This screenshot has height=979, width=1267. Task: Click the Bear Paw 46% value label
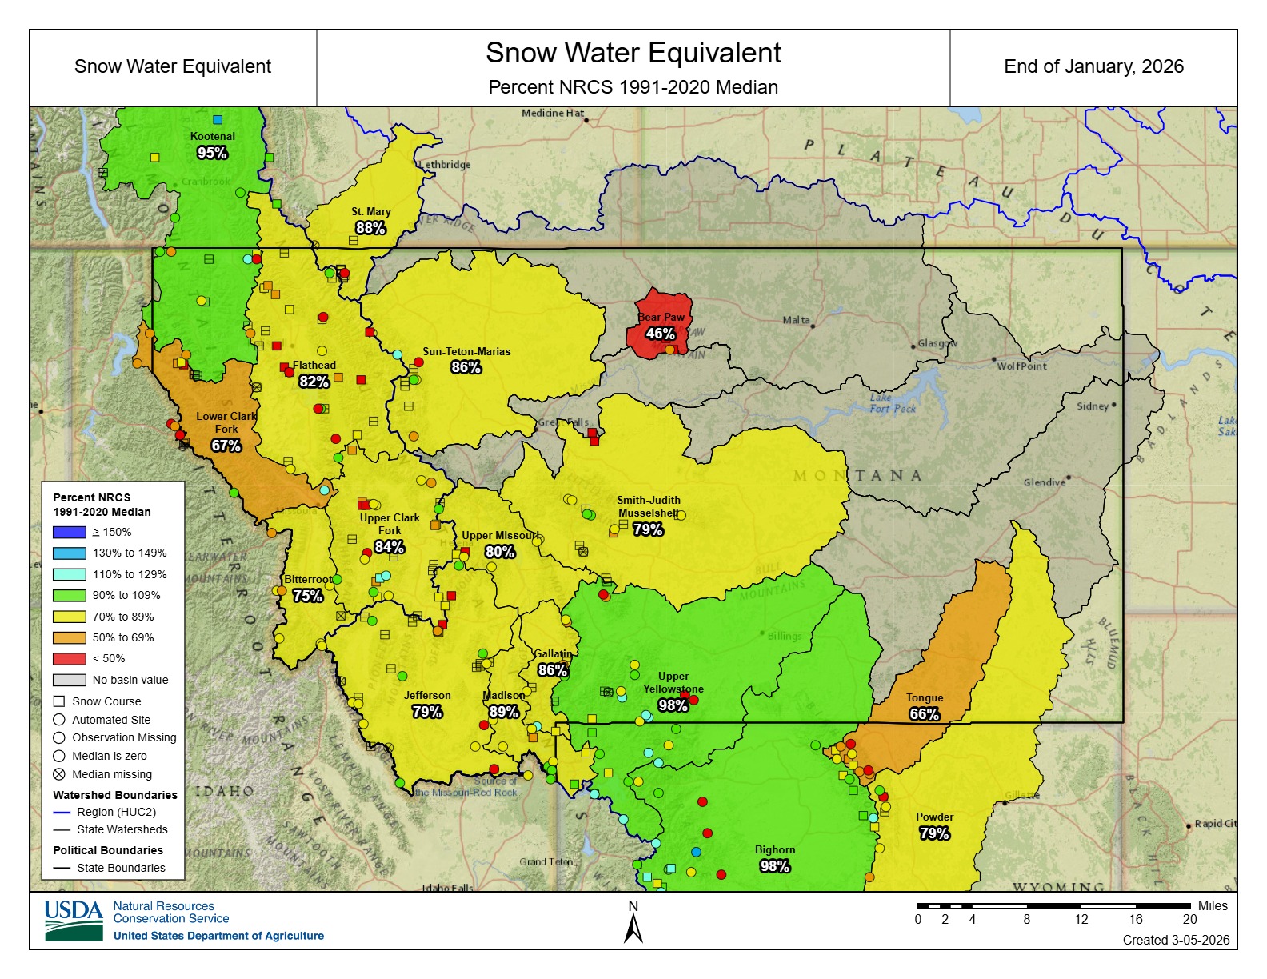(661, 334)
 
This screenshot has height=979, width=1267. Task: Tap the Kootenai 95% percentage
(212, 153)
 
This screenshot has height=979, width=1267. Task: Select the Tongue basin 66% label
(924, 714)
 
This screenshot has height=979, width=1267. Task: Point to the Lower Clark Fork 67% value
(226, 446)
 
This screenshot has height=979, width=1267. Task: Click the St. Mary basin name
(371, 211)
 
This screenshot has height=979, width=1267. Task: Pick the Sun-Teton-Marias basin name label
(466, 351)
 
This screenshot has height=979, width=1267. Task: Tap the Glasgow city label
(937, 343)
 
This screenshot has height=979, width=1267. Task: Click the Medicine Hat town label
(552, 113)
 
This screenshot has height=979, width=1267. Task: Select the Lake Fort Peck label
(892, 402)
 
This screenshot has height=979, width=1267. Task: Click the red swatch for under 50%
(69, 659)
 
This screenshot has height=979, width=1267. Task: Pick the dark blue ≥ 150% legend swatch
(69, 532)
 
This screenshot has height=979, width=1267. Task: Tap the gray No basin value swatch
(69, 680)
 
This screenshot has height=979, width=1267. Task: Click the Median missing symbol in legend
(59, 774)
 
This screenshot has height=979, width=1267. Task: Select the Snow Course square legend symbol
(59, 701)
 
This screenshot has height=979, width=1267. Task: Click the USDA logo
(74, 921)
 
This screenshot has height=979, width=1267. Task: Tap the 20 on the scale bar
(1189, 920)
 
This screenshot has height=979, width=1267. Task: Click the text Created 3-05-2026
(1176, 940)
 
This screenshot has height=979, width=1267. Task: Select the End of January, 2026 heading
(1093, 66)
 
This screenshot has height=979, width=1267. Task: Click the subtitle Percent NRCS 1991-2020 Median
(633, 87)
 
